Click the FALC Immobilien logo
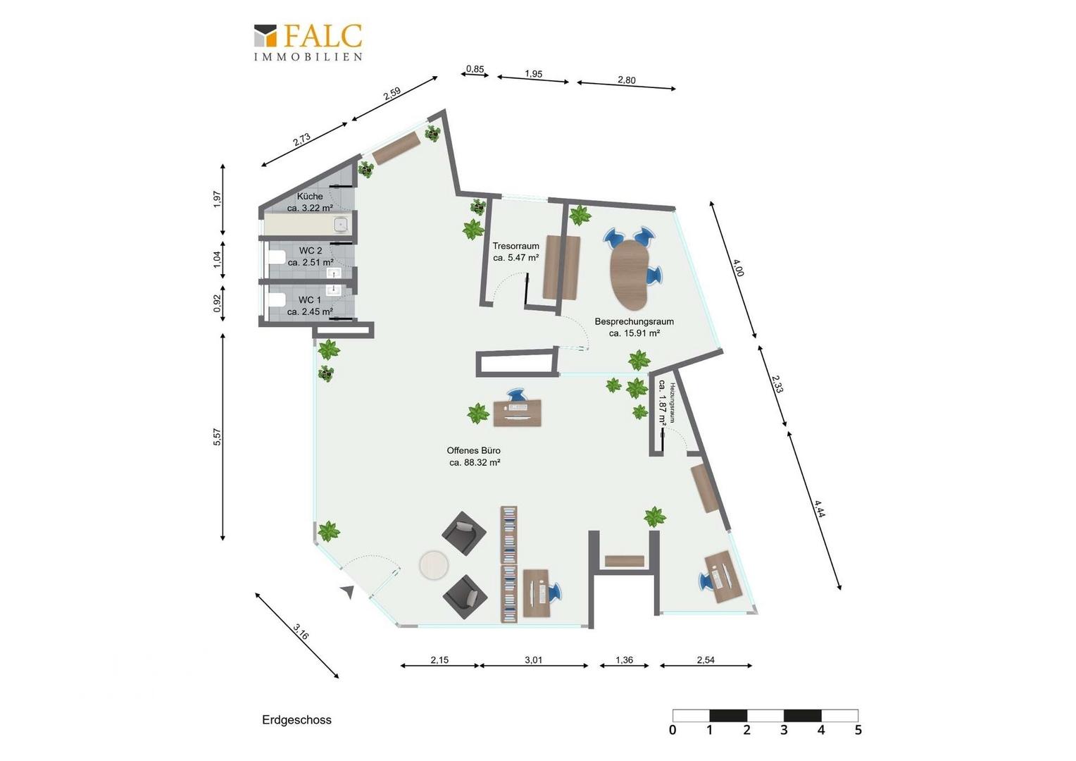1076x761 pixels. tap(308, 42)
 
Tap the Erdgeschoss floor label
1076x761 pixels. tap(296, 719)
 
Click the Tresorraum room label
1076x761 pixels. tap(515, 246)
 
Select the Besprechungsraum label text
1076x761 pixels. tap(634, 321)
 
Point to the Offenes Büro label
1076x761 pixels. tap(474, 450)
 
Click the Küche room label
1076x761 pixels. tap(310, 196)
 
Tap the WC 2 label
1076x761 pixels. tap(311, 250)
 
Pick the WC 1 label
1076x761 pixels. tap(310, 300)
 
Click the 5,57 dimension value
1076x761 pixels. tap(217, 437)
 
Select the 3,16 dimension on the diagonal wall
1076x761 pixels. tap(301, 631)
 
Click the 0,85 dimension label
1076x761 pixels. tap(475, 69)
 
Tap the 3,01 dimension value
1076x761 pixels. tap(533, 660)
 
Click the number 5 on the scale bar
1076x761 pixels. tap(858, 730)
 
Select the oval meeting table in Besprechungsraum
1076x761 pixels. tap(629, 275)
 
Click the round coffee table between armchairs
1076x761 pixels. tap(434, 565)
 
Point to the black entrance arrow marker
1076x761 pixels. tap(349, 593)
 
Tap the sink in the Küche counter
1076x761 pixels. tap(341, 224)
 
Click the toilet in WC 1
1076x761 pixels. tap(276, 300)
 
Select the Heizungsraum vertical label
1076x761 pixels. tap(673, 402)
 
